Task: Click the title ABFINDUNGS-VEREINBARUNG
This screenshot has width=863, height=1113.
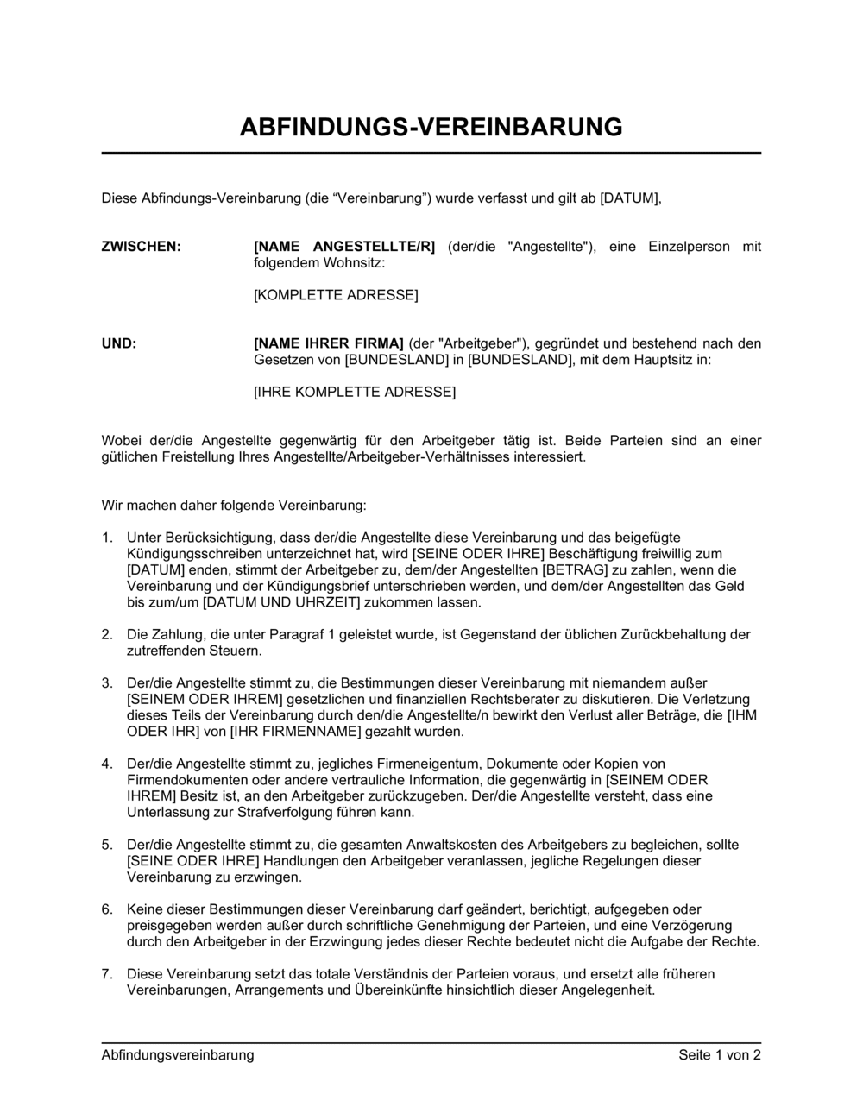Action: (431, 127)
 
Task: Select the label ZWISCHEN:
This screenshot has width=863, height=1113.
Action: (142, 247)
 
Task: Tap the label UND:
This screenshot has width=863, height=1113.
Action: (119, 343)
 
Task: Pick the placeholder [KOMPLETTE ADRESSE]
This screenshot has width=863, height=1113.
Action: (336, 295)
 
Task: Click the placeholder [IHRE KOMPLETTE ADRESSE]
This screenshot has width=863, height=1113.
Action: (355, 392)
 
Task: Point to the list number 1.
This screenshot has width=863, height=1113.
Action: (107, 538)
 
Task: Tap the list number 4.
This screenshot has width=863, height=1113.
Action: (107, 764)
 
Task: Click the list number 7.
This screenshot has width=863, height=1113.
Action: (107, 974)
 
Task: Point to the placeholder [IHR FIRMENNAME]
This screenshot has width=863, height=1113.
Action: (287, 732)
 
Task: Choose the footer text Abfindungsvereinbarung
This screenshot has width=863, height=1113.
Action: (178, 1054)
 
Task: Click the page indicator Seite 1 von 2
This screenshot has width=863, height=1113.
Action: (720, 1054)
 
